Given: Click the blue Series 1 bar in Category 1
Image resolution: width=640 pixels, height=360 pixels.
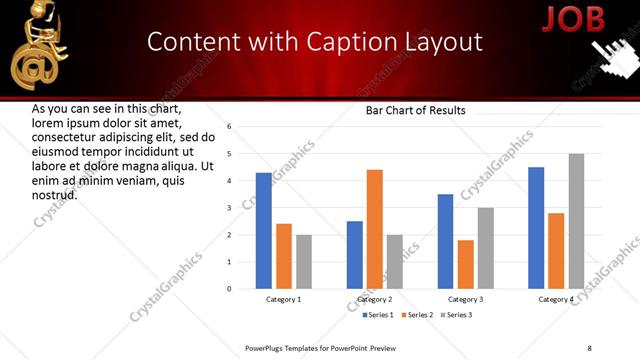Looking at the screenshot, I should point(264,231).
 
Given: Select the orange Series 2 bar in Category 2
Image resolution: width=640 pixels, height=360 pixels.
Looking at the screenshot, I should point(374,229).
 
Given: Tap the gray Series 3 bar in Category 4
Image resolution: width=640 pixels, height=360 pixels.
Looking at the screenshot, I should point(576,221).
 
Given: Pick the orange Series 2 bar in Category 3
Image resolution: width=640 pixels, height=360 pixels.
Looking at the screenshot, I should point(465,264).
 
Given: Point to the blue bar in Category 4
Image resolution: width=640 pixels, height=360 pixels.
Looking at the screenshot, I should point(536,228).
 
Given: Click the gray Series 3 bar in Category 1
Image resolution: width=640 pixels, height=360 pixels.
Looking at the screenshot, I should point(303,262).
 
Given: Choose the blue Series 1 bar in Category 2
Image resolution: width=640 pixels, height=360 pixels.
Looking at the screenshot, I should point(355,255).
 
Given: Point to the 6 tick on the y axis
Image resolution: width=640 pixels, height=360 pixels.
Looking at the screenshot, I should point(229,127).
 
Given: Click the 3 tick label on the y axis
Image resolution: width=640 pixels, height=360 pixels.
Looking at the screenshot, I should point(229,208).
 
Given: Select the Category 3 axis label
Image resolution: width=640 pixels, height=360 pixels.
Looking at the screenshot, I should point(465,299).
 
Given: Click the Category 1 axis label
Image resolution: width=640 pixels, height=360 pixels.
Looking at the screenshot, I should point(283,299).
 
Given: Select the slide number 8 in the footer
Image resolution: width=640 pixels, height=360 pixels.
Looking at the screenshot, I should point(589,347).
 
